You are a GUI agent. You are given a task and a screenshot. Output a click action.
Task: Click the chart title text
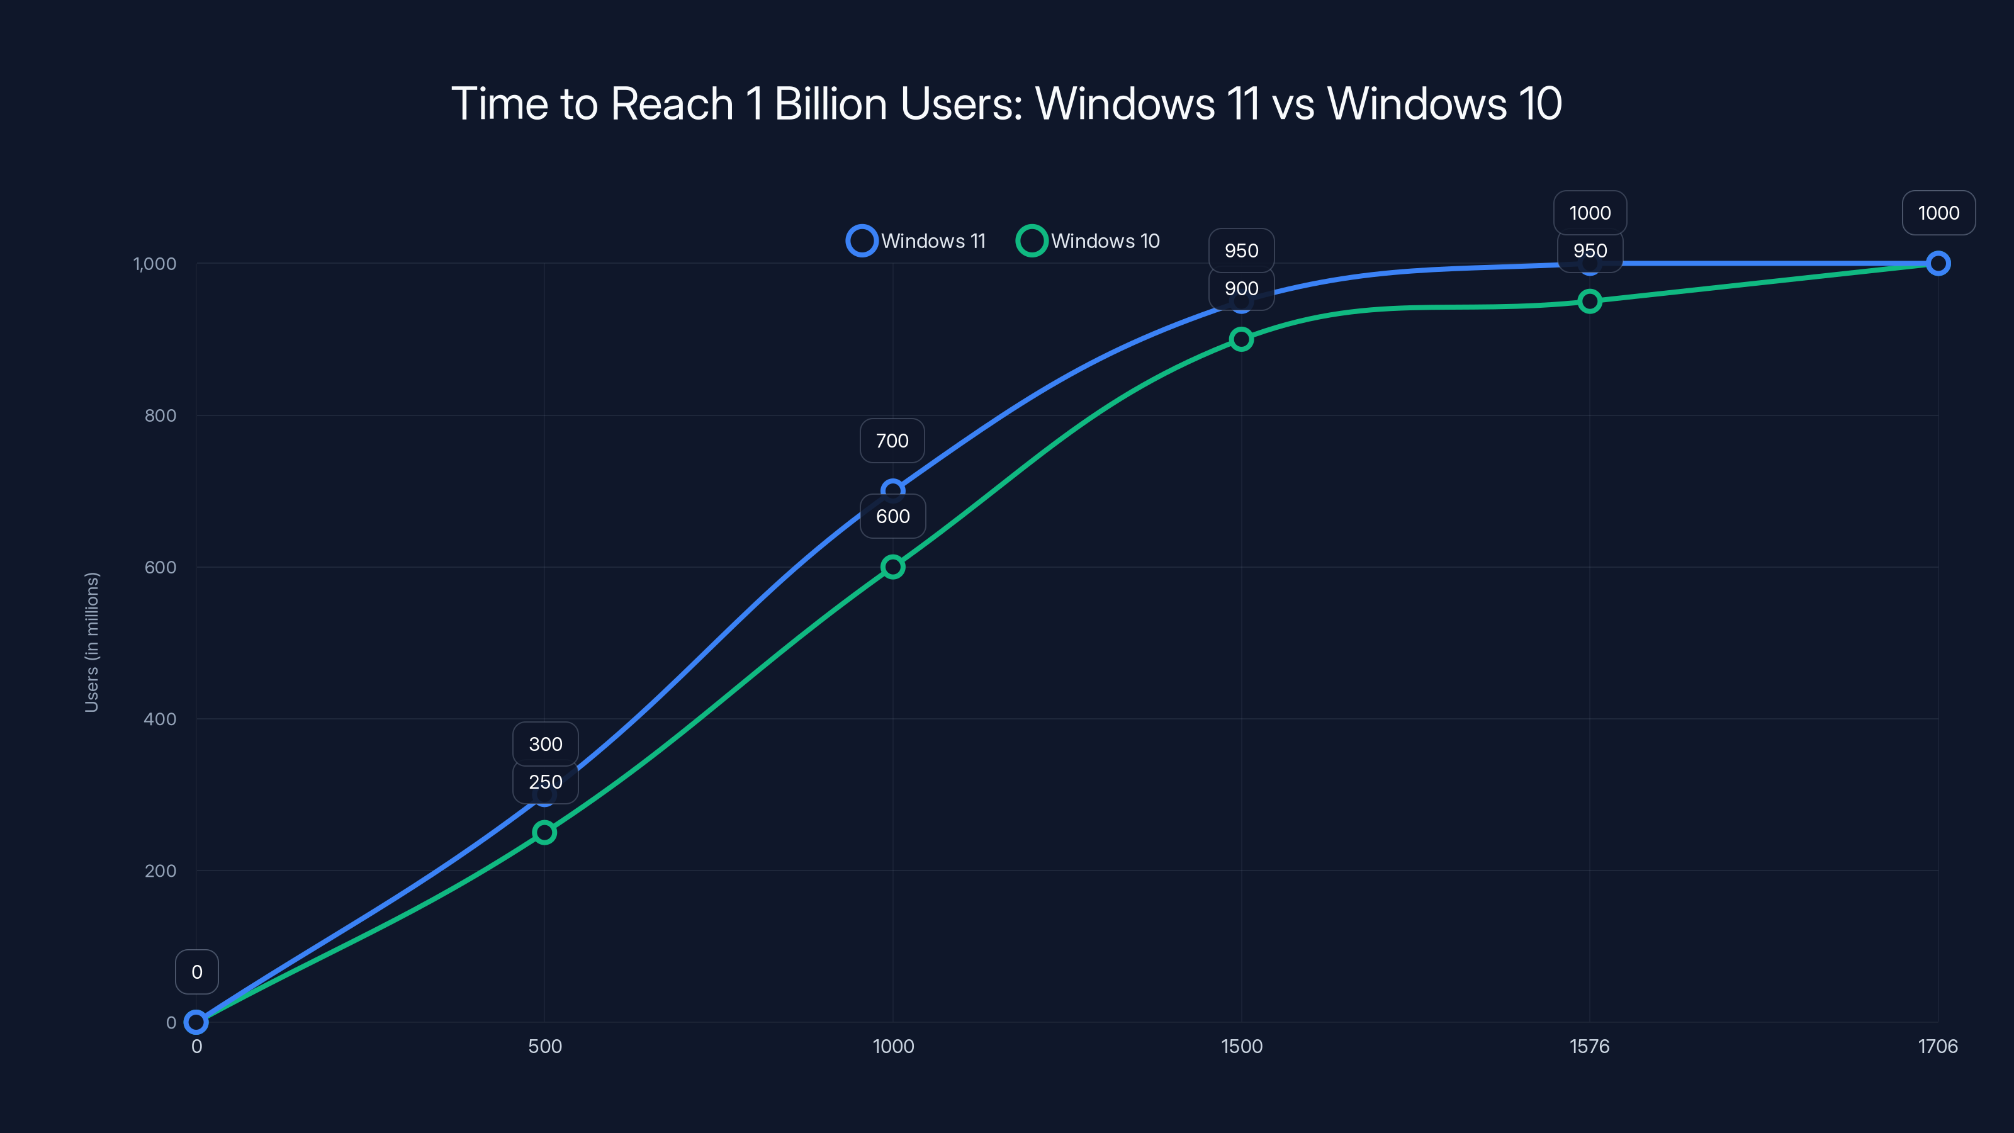(x=1006, y=104)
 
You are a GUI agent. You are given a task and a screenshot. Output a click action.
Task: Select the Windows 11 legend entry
(x=916, y=241)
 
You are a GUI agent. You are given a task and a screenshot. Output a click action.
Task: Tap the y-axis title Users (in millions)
(x=91, y=642)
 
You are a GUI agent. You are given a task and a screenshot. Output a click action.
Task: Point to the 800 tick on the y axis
(x=160, y=415)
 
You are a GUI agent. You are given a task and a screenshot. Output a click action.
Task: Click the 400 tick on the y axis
(x=160, y=719)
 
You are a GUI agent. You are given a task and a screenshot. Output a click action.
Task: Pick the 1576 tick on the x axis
(x=1589, y=1046)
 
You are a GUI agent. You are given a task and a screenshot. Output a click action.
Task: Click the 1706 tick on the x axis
(x=1937, y=1046)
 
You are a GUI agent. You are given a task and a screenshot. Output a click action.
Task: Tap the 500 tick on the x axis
(x=545, y=1046)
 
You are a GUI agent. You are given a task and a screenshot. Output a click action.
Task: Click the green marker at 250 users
(x=544, y=832)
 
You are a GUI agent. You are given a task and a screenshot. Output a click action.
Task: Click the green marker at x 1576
(x=1589, y=301)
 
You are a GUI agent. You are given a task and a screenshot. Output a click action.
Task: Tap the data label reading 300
(x=545, y=743)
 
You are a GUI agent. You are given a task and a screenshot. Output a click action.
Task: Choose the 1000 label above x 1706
(x=1938, y=213)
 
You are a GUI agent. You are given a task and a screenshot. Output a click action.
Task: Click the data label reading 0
(x=196, y=972)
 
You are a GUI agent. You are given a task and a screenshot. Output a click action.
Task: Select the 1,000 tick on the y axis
(x=155, y=264)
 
